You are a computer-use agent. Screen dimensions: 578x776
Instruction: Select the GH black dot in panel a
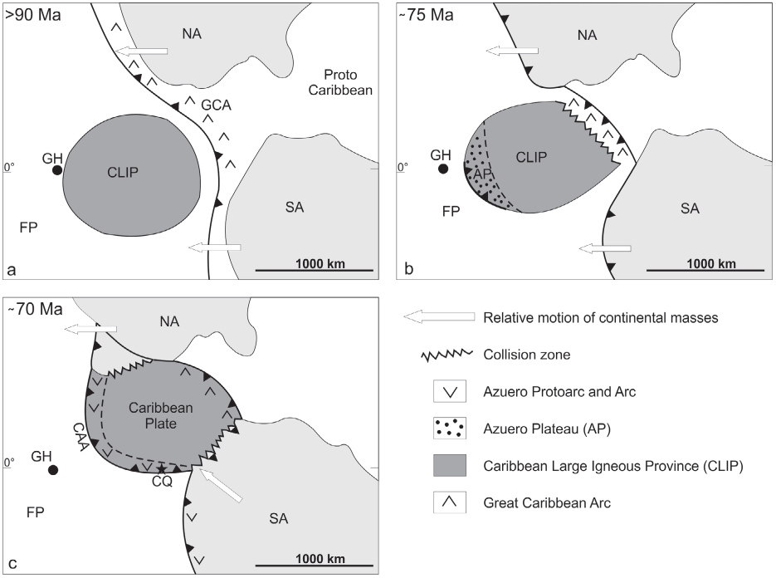click(56, 170)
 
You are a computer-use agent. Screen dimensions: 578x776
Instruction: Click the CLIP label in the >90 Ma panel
click(122, 172)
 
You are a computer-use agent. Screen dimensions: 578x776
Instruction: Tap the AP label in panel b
click(483, 174)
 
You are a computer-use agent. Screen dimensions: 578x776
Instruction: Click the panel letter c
click(12, 564)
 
